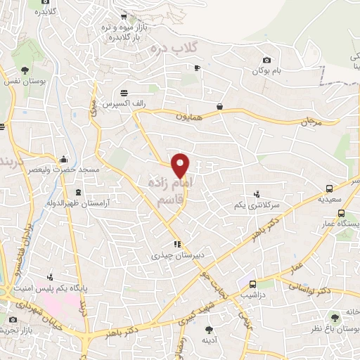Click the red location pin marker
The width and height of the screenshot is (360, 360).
[x=181, y=166]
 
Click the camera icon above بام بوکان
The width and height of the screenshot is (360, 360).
[x=266, y=60]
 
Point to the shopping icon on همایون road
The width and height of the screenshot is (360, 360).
[x=221, y=107]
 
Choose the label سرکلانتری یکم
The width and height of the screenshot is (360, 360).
[x=257, y=205]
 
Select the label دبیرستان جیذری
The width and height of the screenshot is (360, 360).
[x=167, y=256]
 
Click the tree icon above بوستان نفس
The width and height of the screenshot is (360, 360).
[x=25, y=70]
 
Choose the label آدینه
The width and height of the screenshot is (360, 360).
[x=209, y=340]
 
